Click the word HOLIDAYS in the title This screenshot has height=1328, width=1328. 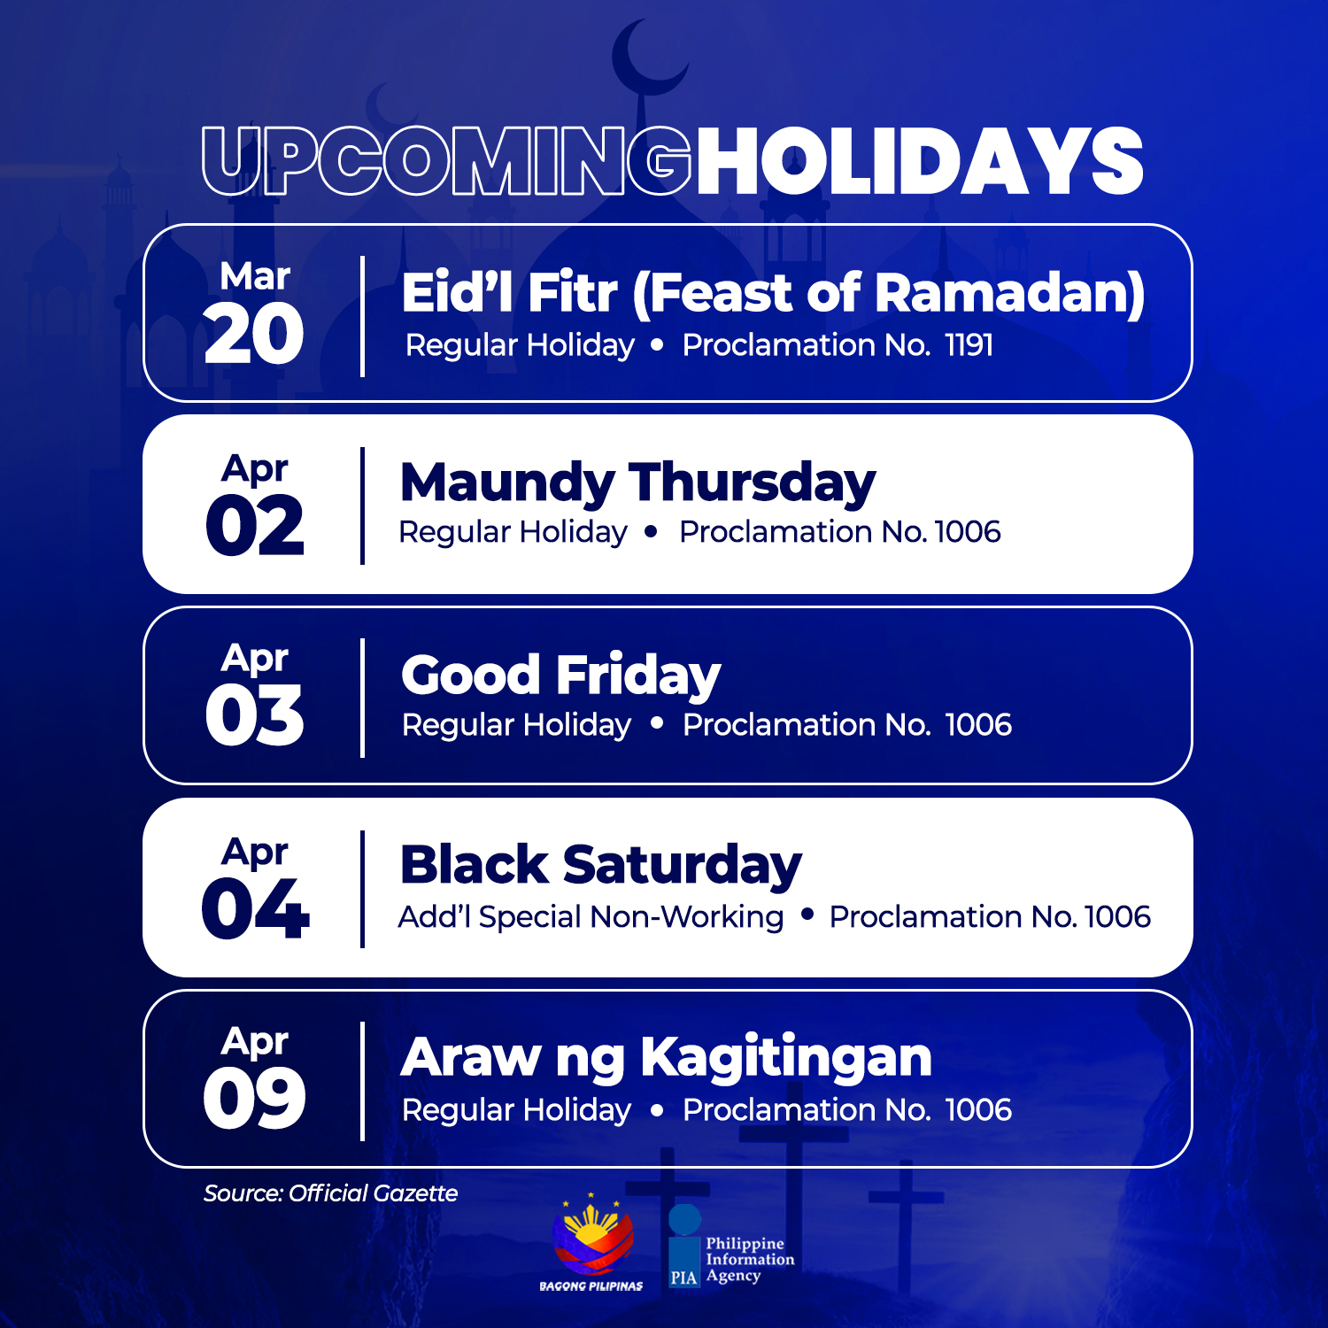pos(920,161)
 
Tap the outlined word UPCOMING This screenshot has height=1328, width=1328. pos(446,161)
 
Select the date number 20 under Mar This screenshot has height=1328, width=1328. pos(254,334)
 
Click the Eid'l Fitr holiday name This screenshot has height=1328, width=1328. pos(773,293)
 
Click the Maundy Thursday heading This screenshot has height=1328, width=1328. pos(637,483)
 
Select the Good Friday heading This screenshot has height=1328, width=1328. pos(561,676)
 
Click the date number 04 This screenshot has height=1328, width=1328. pos(255,908)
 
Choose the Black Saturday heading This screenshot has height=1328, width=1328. pos(601,865)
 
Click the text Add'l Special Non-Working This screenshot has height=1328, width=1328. pos(591,917)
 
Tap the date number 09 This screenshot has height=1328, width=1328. pos(255,1099)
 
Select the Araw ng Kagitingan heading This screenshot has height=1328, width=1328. pos(667,1058)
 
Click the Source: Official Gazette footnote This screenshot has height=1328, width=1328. pos(331,1193)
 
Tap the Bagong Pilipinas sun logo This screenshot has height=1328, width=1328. pos(592,1233)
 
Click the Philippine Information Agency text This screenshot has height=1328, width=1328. pos(750,1260)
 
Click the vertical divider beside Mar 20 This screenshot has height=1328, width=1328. pos(362,316)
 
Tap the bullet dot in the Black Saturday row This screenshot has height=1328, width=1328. pos(807,915)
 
